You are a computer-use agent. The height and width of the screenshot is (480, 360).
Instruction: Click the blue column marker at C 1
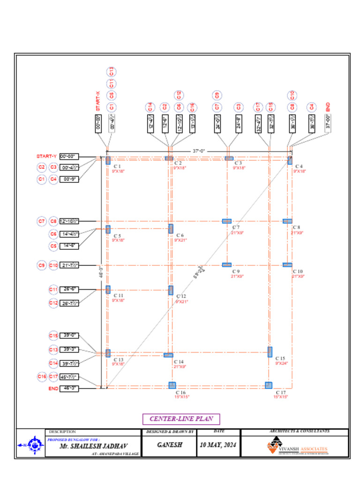coord(108,160)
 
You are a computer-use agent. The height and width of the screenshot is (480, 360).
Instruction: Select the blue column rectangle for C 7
coord(226,221)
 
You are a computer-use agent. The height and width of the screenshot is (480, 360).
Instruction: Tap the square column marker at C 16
coord(172,385)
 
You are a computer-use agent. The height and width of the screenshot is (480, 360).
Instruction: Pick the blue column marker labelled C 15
coord(270,352)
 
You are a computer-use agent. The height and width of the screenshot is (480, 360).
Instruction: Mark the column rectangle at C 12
coord(171,290)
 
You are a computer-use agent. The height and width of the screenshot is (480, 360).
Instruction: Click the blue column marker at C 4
coord(290,160)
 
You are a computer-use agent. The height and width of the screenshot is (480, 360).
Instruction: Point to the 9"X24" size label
coord(281,363)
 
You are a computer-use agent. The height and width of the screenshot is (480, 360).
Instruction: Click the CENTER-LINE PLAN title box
coord(181,419)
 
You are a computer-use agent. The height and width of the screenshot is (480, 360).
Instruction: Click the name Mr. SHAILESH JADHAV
coord(93,447)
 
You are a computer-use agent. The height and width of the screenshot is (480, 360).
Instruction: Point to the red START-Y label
coord(46,156)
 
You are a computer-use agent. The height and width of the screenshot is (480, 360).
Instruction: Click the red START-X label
coord(98,101)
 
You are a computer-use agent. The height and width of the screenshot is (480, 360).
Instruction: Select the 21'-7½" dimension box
coord(69,265)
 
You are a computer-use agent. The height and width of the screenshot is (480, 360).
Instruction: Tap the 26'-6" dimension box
coord(69,289)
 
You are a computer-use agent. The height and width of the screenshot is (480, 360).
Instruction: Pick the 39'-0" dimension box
coord(69,335)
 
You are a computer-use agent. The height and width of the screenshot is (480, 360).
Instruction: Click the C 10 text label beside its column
coord(298,271)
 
